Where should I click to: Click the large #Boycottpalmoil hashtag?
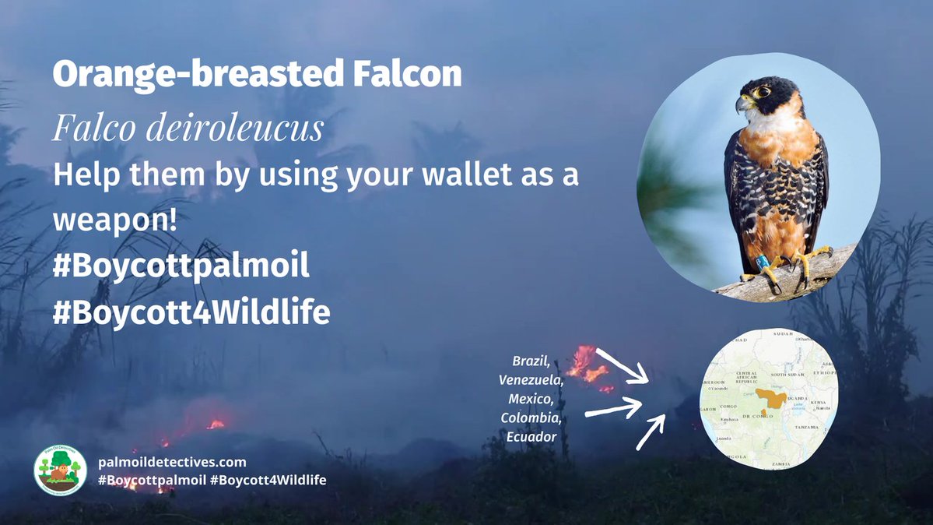click(181, 266)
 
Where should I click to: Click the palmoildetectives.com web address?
click(172, 462)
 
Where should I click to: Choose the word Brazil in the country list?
click(531, 361)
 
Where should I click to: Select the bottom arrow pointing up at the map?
click(651, 432)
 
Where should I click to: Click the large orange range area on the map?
click(771, 400)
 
